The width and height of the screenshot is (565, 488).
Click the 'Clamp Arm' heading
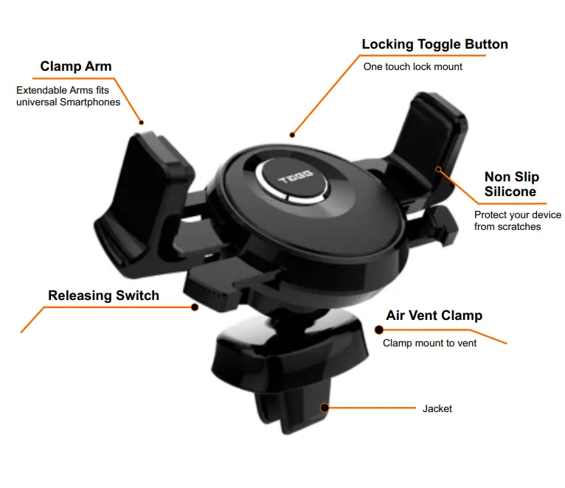[x=76, y=67]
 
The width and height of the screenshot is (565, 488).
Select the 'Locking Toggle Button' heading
[x=434, y=44]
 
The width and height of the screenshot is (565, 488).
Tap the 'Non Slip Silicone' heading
[x=511, y=184]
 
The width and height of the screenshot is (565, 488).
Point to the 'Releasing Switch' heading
[x=103, y=296]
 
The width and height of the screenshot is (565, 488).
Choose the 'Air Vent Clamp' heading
[x=434, y=316]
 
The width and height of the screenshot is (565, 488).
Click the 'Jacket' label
[x=437, y=408]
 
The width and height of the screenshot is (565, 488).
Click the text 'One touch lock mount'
[x=412, y=66]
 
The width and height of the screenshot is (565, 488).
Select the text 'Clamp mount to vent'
[x=429, y=343]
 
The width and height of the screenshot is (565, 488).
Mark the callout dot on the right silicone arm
[x=438, y=170]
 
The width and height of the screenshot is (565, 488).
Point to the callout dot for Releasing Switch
[x=195, y=307]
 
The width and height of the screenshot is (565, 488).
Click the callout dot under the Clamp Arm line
[x=142, y=122]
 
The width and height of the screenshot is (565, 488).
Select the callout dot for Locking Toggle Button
[x=292, y=135]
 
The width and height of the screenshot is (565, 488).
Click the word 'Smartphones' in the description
[x=93, y=102]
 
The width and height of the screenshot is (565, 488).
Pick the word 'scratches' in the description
[x=519, y=227]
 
